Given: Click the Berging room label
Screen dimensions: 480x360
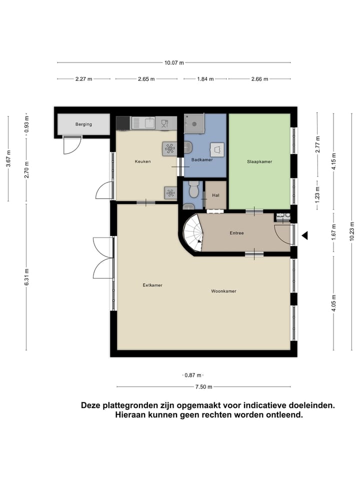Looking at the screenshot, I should pyautogui.click(x=83, y=124).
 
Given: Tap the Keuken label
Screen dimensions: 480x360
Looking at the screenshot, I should pyautogui.click(x=142, y=161).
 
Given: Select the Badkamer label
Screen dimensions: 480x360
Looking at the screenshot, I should pyautogui.click(x=202, y=160).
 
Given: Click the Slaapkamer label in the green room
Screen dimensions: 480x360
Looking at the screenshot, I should pyautogui.click(x=259, y=161).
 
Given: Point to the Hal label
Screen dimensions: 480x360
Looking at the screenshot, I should pyautogui.click(x=216, y=195).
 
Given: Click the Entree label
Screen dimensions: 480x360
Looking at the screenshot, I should pyautogui.click(x=236, y=233).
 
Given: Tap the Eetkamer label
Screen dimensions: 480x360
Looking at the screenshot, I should pyautogui.click(x=152, y=285).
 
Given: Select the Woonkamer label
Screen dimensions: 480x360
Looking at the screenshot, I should pyautogui.click(x=223, y=291).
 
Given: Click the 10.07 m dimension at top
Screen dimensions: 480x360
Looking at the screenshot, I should pyautogui.click(x=174, y=62).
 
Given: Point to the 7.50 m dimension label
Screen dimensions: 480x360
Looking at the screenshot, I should pyautogui.click(x=203, y=386).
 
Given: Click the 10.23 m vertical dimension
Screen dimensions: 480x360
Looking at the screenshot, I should pyautogui.click(x=351, y=231).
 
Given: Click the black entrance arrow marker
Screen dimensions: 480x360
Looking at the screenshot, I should pyautogui.click(x=304, y=235).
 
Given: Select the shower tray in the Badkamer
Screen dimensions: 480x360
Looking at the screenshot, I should pyautogui.click(x=194, y=123).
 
